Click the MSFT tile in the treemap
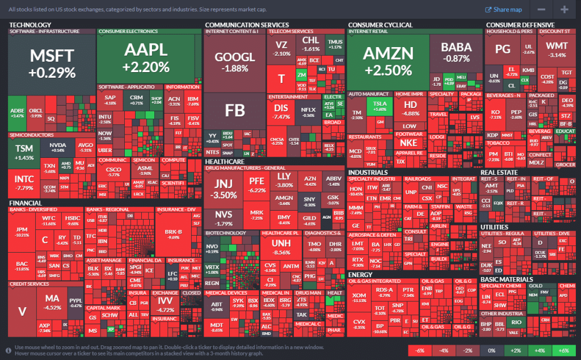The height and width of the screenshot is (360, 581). click(x=52, y=62)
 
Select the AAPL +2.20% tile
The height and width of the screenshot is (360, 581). click(x=145, y=57)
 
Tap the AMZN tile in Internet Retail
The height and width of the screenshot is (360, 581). click(x=387, y=60)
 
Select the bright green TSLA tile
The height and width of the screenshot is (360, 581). click(x=380, y=106)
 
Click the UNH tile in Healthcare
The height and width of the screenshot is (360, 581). click(x=281, y=247)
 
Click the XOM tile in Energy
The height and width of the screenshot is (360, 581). click(x=359, y=298)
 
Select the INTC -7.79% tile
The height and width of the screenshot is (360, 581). click(x=24, y=183)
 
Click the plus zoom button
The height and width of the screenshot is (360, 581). click(x=565, y=9)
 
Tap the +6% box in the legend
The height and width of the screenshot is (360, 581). click(x=563, y=350)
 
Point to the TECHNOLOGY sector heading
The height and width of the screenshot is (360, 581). click(x=31, y=25)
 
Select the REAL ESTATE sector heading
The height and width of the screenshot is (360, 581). click(x=499, y=172)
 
